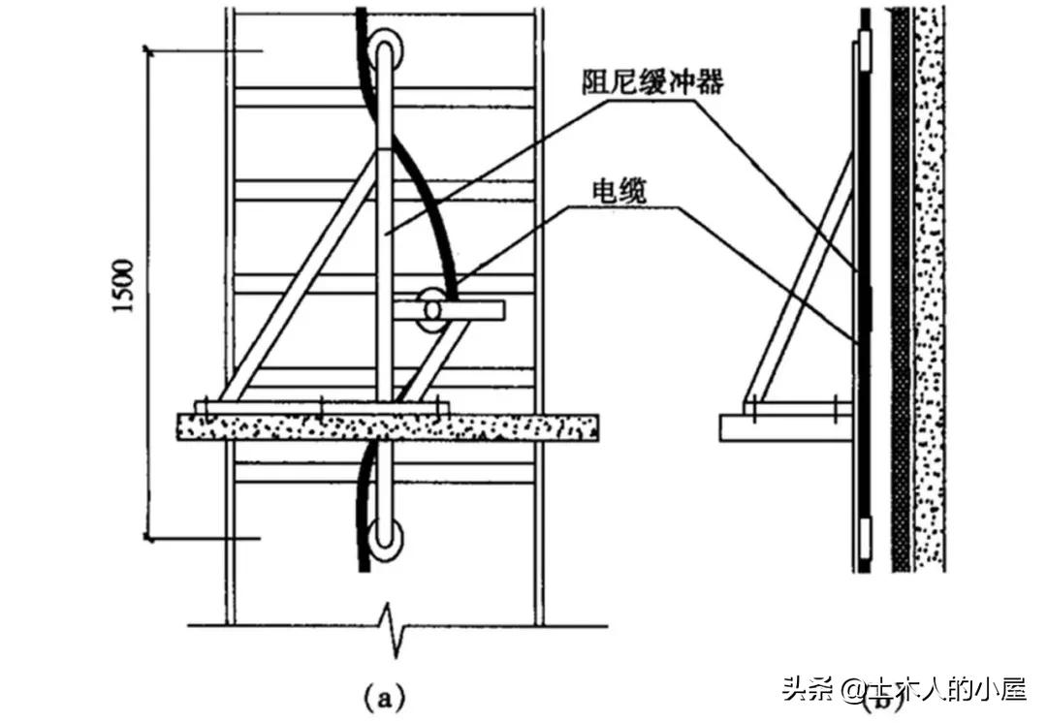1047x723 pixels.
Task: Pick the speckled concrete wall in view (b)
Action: [930, 291]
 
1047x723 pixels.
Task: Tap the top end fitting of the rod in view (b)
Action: [863, 44]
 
